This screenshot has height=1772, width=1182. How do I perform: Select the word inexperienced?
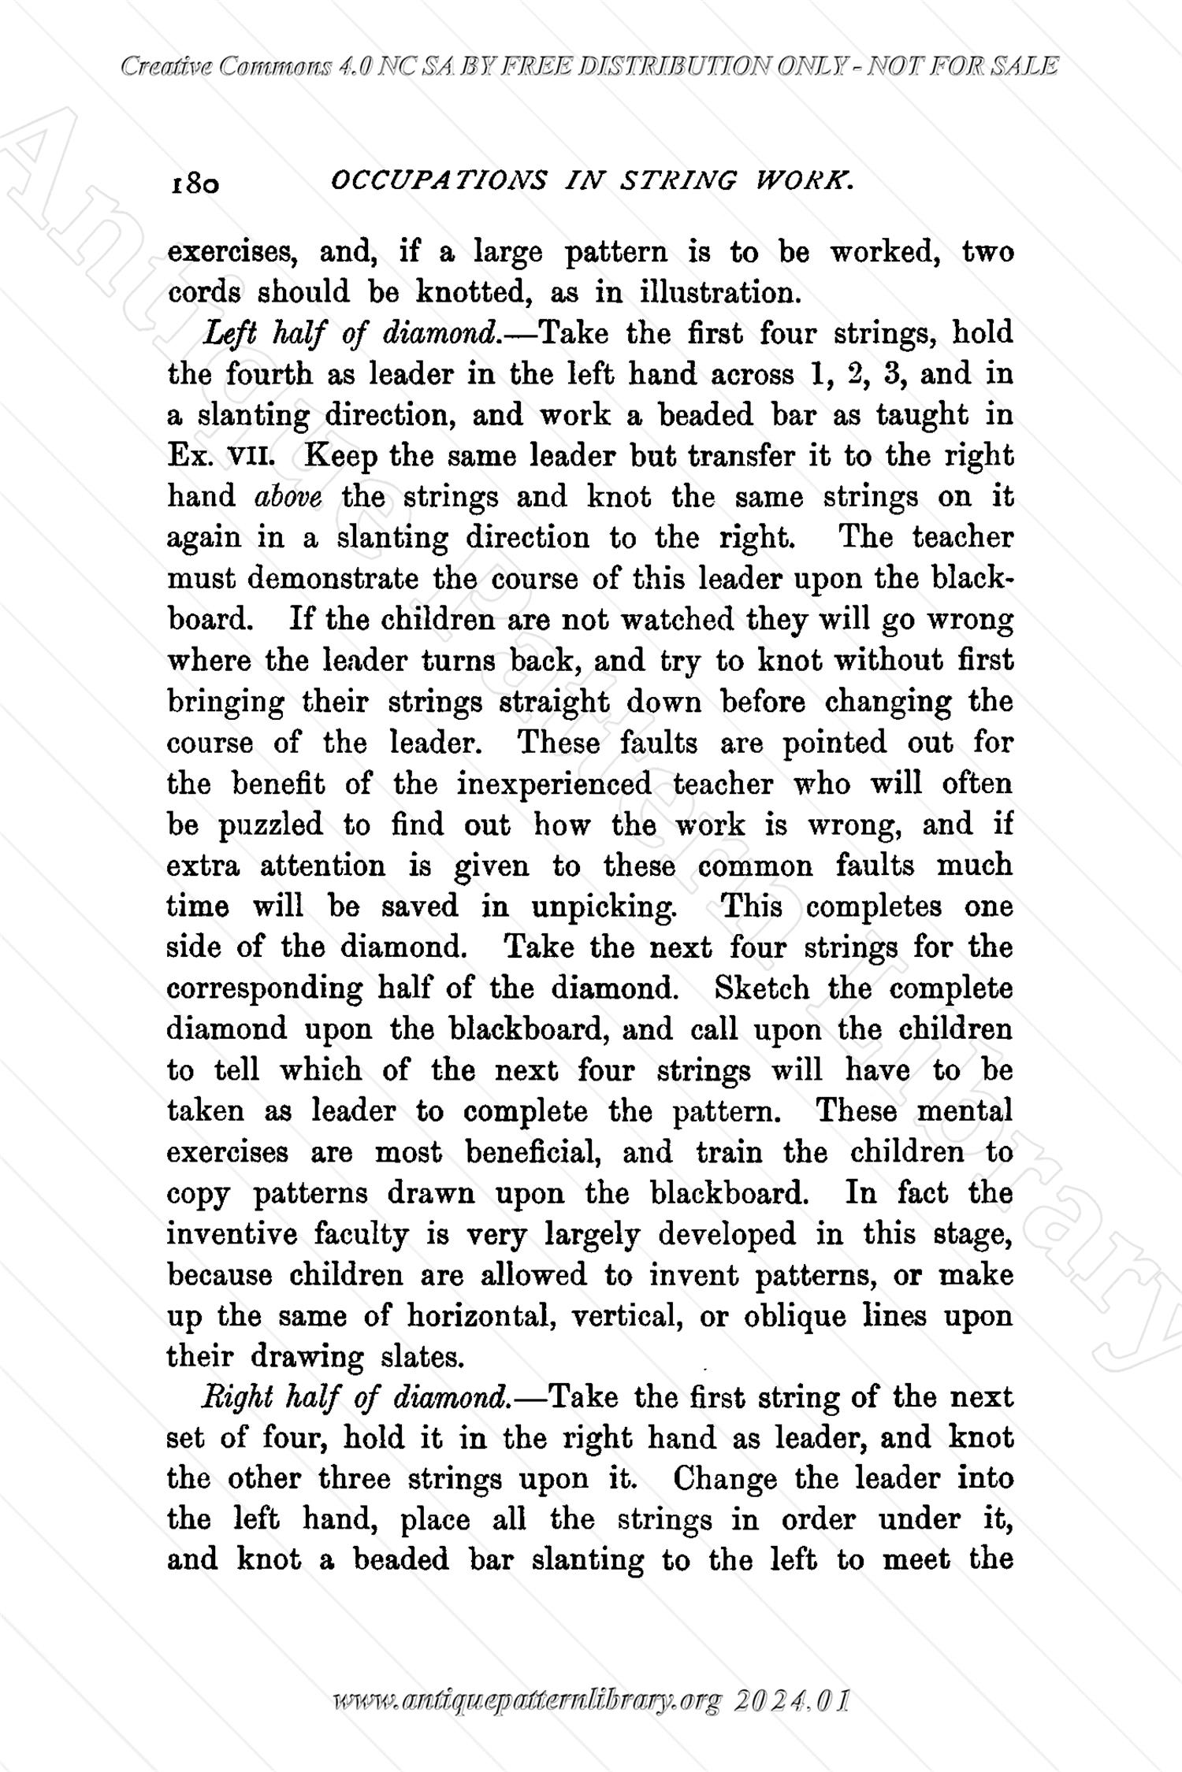pyautogui.click(x=554, y=784)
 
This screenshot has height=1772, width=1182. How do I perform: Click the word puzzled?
pyautogui.click(x=270, y=825)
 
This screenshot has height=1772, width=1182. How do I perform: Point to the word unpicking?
pyautogui.click(x=604, y=907)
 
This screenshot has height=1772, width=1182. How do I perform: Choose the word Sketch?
pyautogui.click(x=761, y=989)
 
